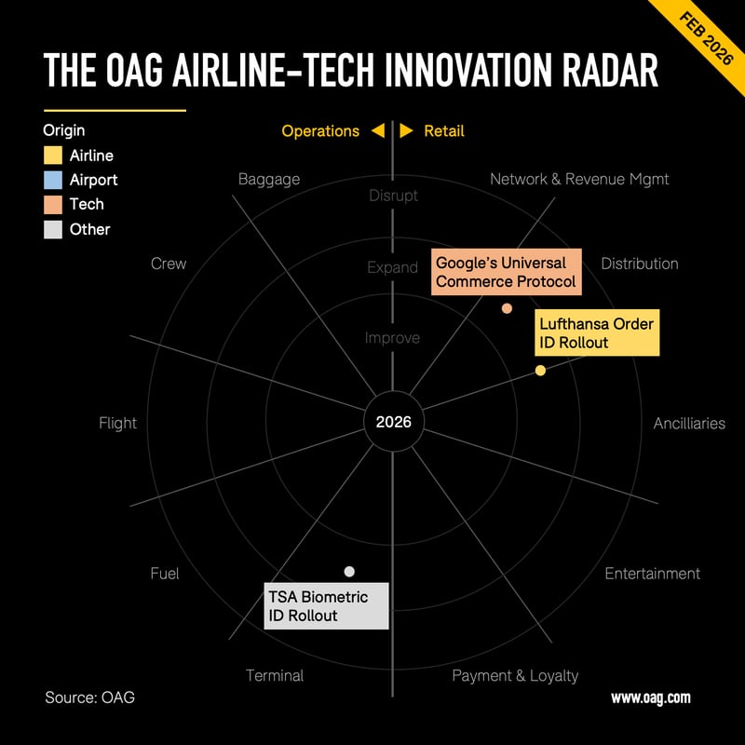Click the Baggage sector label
point(269,179)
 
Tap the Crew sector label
point(169,264)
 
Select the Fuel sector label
point(165,574)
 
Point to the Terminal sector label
point(275,675)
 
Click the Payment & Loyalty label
point(515,675)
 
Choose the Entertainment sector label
point(652,574)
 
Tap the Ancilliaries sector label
point(689,423)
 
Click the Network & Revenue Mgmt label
point(579,179)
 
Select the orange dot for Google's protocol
point(507,308)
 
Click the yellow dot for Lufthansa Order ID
point(540,371)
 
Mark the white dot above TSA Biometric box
point(349,571)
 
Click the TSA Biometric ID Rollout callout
point(326,606)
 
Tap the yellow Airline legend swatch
point(53,156)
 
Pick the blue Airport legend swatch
point(53,180)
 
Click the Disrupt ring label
point(393,196)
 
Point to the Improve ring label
point(392,338)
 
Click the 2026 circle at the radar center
point(393,422)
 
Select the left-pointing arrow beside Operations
point(377,131)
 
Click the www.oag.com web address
point(650,698)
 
